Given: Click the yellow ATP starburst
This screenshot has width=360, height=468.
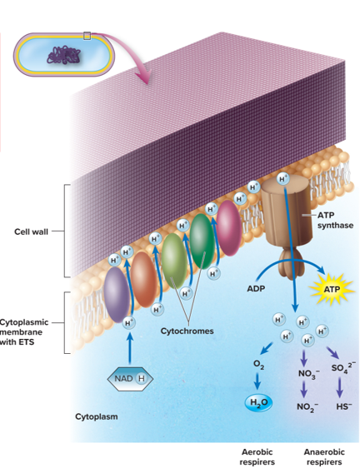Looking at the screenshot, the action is [x=332, y=289].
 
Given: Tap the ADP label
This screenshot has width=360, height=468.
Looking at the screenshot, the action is [x=256, y=289].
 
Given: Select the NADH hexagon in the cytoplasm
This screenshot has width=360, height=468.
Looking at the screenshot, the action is [x=130, y=379].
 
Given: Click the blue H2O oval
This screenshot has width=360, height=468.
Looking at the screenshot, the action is [x=258, y=402].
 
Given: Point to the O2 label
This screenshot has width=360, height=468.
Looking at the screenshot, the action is [x=258, y=365].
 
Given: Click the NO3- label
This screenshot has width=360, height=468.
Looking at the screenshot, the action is [x=308, y=374].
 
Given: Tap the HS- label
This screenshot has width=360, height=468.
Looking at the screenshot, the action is [x=344, y=406].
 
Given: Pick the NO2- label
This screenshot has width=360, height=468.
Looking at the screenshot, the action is [x=307, y=407].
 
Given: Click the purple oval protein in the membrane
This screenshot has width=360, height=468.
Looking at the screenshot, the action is [x=117, y=295].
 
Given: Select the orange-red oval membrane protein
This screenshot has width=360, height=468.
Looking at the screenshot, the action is [x=143, y=280].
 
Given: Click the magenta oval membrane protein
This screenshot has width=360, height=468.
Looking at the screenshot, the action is [x=229, y=228].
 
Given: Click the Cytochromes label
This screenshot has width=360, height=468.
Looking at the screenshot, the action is [x=187, y=331].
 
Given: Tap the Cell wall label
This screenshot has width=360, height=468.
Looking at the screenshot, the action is [x=31, y=232].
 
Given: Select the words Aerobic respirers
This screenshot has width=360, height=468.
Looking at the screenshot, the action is [x=257, y=456].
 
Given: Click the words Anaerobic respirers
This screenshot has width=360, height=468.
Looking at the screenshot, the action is [x=324, y=456].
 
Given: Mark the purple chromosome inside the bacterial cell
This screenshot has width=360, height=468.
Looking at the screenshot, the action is [x=63, y=55].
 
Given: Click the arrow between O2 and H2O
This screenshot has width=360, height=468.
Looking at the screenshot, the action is [x=257, y=381].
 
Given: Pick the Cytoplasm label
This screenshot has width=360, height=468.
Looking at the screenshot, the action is [x=96, y=416].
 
